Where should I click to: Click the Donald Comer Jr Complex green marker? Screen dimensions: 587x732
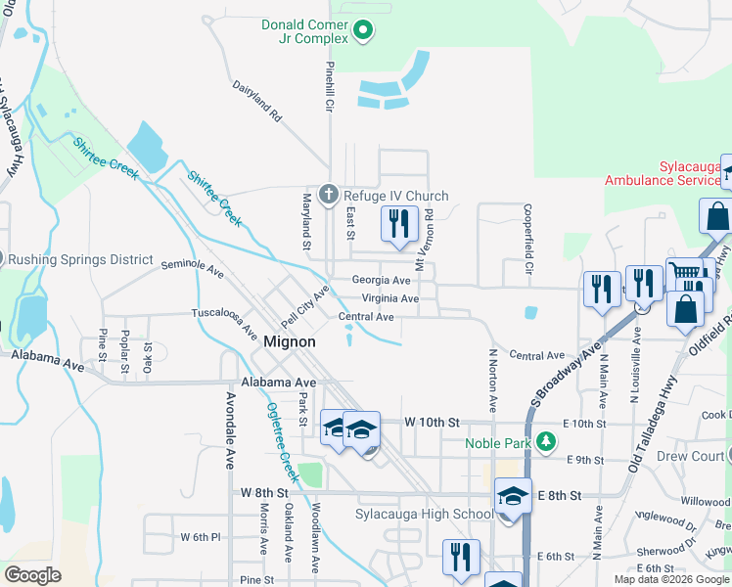coord(363,31)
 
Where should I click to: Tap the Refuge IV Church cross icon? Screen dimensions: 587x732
coord(330,195)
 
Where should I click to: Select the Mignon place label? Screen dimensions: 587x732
coord(290,342)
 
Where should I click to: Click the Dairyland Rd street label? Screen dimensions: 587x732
coord(257,101)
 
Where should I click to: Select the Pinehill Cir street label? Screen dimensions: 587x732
coord(330,85)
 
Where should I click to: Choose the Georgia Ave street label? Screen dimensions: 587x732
coord(381,280)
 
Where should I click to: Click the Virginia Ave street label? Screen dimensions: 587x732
coord(389,298)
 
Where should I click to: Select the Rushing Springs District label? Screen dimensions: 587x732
coord(80,259)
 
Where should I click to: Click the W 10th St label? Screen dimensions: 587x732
coord(432,422)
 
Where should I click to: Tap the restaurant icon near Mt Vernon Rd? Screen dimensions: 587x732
coord(399,224)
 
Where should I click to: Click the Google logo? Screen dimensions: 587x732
coord(32,575)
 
